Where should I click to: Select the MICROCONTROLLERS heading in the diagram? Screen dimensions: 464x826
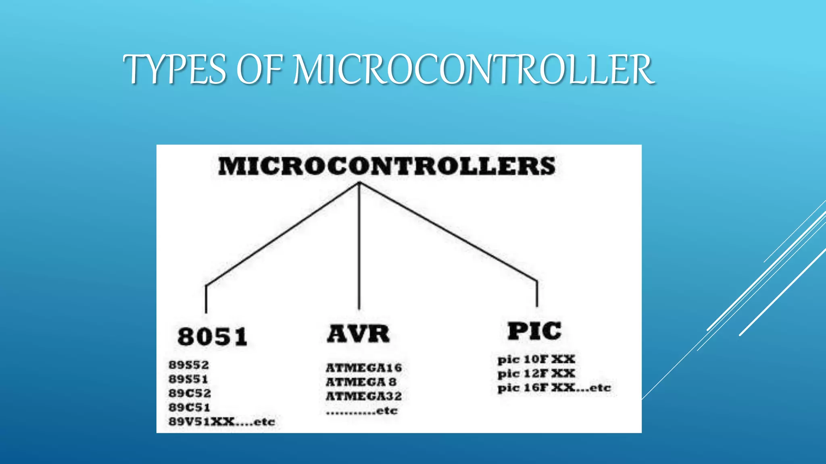tap(387, 166)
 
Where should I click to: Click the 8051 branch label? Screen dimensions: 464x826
tap(212, 337)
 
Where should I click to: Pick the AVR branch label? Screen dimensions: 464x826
tap(358, 333)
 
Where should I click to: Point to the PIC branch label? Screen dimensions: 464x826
tap(534, 331)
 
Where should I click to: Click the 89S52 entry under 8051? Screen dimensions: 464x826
tap(189, 365)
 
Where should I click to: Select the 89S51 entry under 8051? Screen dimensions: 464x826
tap(188, 379)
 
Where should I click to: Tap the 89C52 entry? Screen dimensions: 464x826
tap(190, 393)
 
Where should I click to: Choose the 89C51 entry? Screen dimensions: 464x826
tap(189, 407)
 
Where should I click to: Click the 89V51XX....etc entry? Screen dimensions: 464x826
tap(222, 422)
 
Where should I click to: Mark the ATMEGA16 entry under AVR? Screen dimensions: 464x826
tap(364, 368)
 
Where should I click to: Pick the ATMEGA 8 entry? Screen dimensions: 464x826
tap(361, 382)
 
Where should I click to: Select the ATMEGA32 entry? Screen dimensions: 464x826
tap(364, 396)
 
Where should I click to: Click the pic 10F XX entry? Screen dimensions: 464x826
tap(536, 359)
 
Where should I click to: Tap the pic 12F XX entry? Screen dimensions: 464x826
tap(536, 373)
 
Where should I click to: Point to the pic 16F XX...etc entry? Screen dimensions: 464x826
tap(554, 388)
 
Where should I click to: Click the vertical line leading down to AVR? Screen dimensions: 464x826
tap(359, 250)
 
